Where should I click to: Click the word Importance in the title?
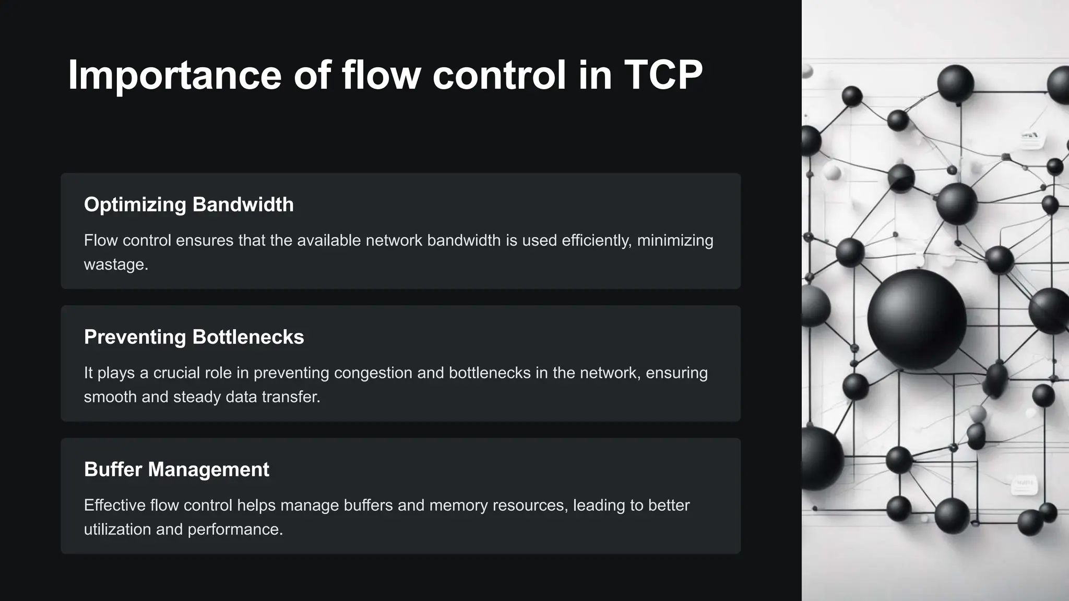click(174, 75)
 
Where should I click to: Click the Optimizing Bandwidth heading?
click(188, 205)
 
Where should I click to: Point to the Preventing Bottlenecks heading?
click(194, 337)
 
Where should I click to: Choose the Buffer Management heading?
click(176, 470)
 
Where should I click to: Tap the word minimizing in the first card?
click(675, 241)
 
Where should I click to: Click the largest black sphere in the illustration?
click(917, 319)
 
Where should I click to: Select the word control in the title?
click(499, 75)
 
